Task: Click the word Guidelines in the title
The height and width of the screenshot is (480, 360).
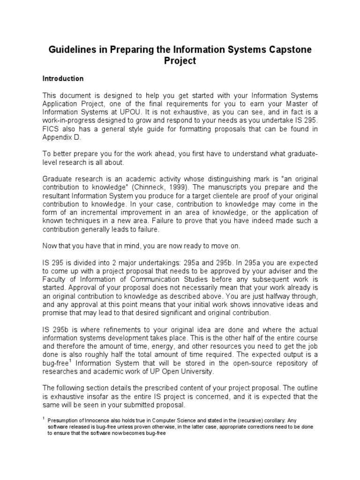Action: [72, 50]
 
